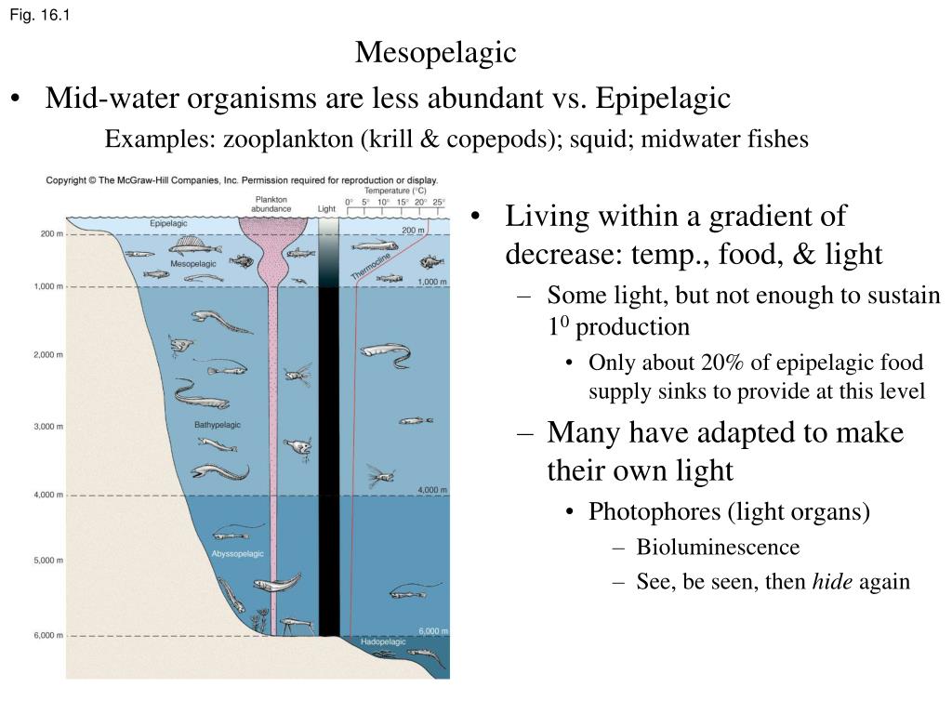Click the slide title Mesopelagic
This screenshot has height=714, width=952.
click(x=435, y=52)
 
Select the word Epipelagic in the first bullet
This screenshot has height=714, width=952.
click(x=663, y=98)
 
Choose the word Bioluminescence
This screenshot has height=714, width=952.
click(x=718, y=547)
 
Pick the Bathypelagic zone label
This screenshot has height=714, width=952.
click(x=218, y=425)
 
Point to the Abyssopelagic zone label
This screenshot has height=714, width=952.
click(x=237, y=553)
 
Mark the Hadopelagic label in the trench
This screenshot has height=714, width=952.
click(x=384, y=641)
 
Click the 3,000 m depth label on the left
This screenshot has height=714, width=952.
click(x=48, y=427)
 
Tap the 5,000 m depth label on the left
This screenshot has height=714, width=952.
click(x=48, y=561)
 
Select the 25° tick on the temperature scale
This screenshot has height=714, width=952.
click(x=439, y=202)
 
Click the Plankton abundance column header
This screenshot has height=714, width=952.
click(x=271, y=204)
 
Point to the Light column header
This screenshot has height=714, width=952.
click(x=327, y=208)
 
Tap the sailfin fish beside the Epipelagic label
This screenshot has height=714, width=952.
click(x=192, y=245)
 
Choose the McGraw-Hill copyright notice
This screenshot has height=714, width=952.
click(x=242, y=179)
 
